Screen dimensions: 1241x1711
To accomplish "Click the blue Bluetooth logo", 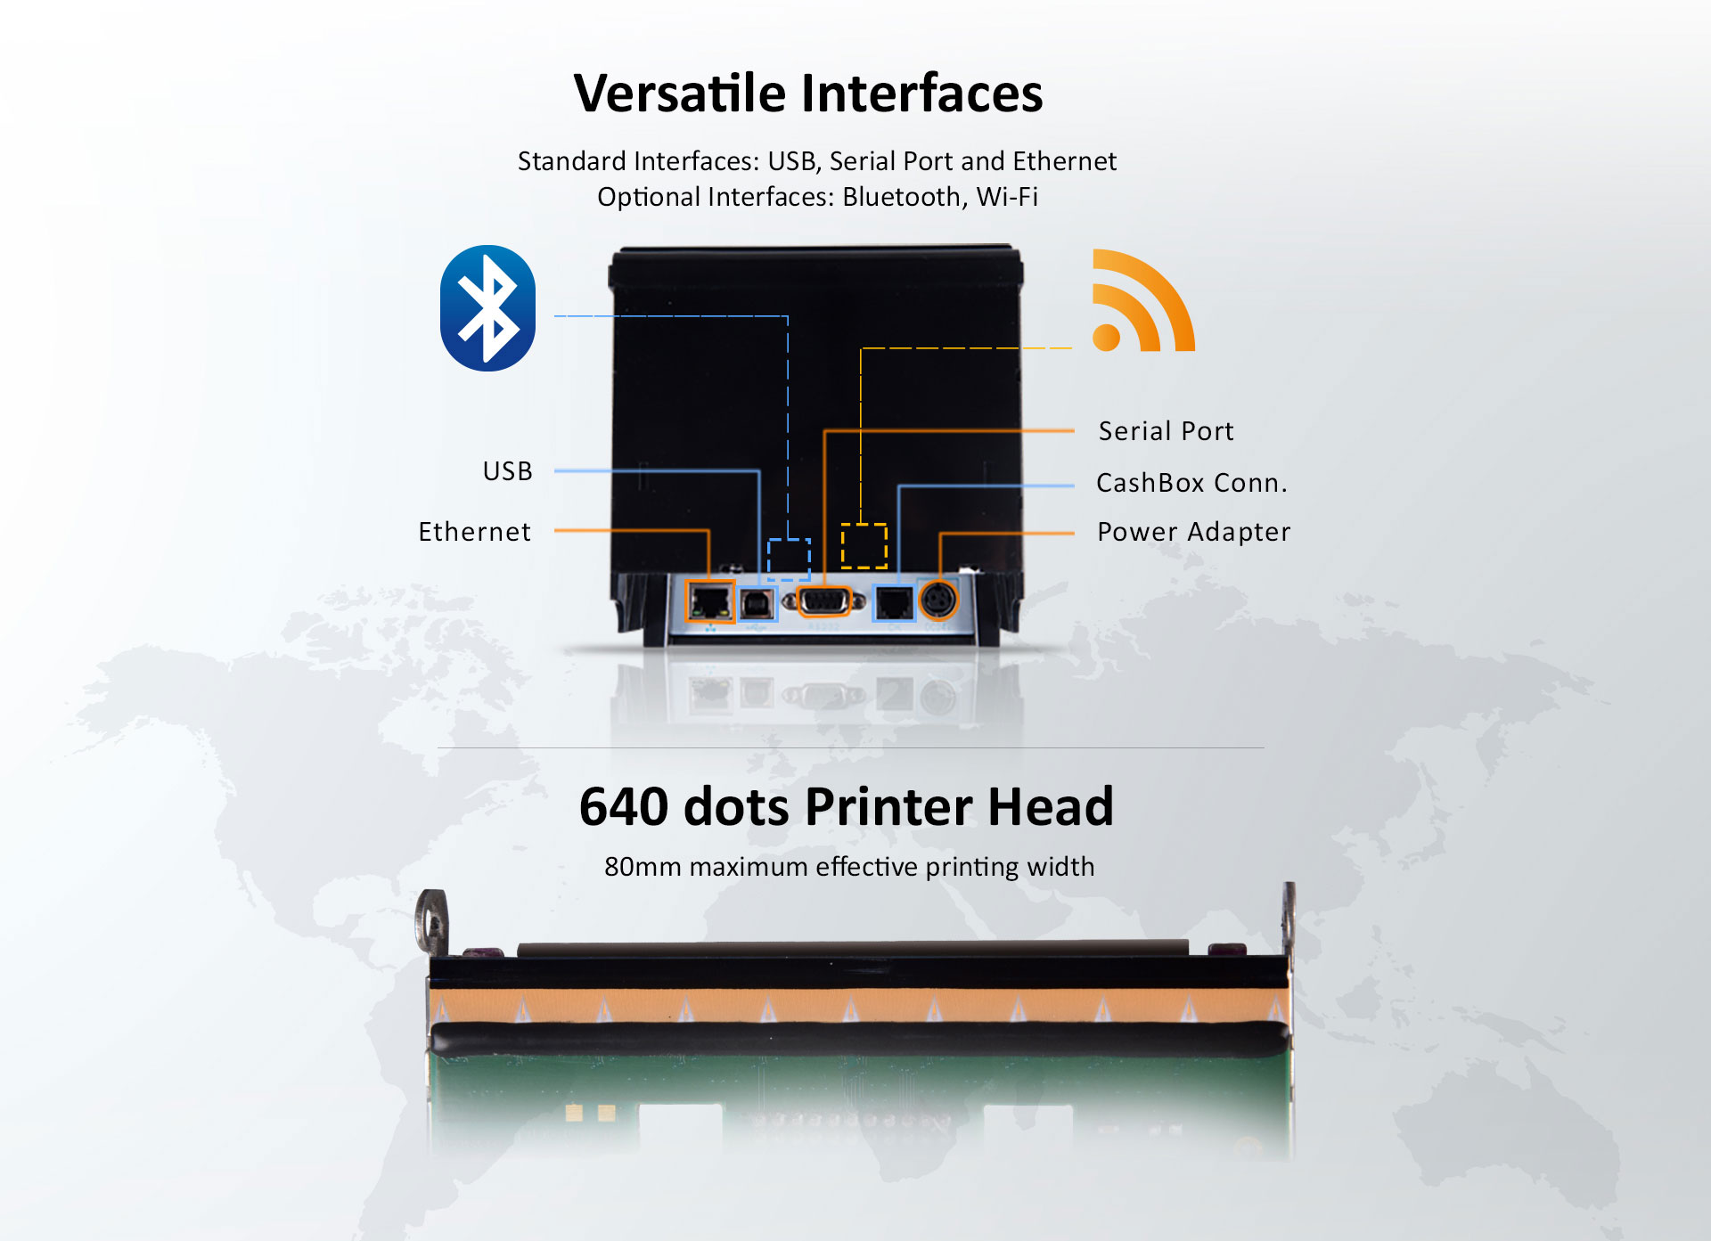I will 487,308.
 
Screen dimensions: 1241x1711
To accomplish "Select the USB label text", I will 507,470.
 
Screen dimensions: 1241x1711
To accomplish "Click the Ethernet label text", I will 474,532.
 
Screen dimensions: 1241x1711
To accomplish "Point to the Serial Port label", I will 1166,431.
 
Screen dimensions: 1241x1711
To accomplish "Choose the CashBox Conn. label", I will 1191,483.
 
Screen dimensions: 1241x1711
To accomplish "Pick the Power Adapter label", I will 1193,532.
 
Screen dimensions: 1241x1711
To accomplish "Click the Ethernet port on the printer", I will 709,601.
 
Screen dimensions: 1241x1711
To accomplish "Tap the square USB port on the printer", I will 757,604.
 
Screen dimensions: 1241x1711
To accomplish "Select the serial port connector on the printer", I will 823,601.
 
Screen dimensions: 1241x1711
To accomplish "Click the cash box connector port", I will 894,603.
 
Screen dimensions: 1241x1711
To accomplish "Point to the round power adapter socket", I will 937,600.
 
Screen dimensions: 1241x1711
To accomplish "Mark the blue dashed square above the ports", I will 789,559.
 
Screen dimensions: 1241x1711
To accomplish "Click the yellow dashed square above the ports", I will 864,545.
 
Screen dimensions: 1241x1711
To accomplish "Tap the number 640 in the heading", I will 623,806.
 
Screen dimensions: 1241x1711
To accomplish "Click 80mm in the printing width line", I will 642,867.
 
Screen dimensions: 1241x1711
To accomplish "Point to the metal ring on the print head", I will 432,919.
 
